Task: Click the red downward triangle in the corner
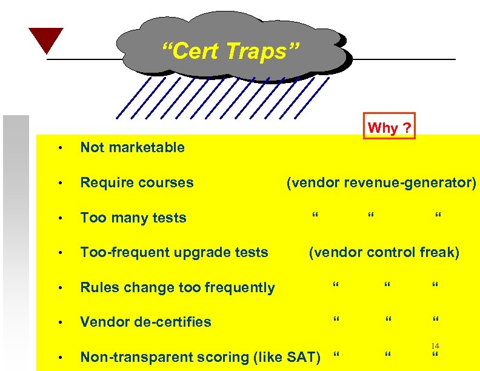click(45, 39)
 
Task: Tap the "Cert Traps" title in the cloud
click(230, 51)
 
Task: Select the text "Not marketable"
click(133, 147)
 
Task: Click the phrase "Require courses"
click(137, 182)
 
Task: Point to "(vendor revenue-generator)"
click(381, 182)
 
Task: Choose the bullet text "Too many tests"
click(133, 217)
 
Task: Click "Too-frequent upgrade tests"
click(174, 252)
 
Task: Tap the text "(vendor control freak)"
click(384, 252)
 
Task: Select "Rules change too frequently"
click(178, 287)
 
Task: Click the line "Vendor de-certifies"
click(145, 322)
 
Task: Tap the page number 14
click(435, 346)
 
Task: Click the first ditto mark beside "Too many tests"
click(314, 216)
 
